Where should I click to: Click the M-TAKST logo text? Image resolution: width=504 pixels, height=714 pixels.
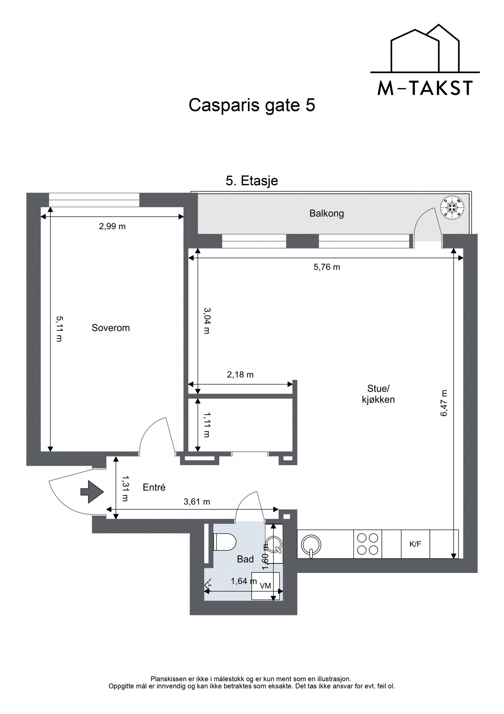tap(425, 89)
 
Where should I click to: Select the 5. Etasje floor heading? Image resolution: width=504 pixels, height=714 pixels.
tap(252, 181)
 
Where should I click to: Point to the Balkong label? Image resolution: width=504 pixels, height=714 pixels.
tap(326, 214)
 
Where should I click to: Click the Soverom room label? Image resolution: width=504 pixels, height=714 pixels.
tap(111, 328)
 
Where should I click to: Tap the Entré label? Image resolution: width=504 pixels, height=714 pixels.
tap(154, 487)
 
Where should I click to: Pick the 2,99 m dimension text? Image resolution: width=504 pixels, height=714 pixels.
tap(112, 226)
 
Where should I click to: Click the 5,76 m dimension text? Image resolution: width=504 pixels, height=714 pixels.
tap(327, 267)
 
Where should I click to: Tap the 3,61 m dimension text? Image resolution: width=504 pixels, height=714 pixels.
tap(197, 501)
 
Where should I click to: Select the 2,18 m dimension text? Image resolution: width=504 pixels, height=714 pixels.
tap(240, 375)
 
